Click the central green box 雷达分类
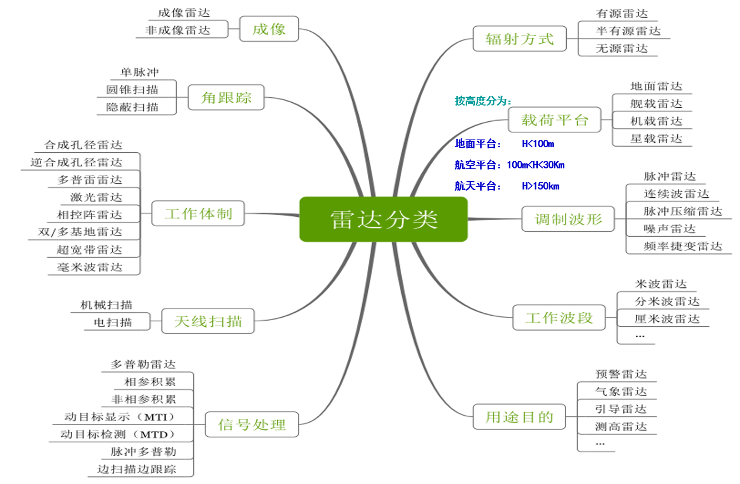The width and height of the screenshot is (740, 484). pos(384,219)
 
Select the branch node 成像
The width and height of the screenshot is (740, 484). pos(269,29)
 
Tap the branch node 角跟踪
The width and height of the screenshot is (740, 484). pos(226,98)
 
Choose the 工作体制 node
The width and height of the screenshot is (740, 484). pos(198,213)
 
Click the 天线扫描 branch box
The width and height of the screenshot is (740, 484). pos(208,321)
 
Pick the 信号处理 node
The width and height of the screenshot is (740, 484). pos(252,425)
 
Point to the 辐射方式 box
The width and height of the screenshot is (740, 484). pos(519,39)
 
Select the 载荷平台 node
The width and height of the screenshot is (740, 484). pos(554,119)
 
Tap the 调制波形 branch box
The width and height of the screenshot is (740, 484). pos(568,218)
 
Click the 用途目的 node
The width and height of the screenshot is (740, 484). pos(519,416)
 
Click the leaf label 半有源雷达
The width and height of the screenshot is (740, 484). pos(628,31)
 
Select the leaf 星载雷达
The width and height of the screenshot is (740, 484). pos(656,138)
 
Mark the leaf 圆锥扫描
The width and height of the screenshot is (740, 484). pos(132,89)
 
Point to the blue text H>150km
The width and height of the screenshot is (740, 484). pos(541,186)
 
